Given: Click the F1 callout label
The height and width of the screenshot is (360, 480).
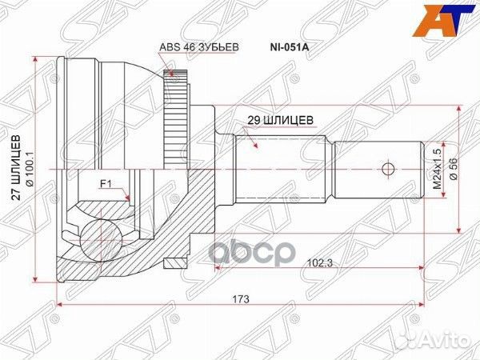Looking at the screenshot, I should click(104, 185).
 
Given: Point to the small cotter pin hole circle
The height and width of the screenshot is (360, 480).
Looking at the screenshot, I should click(388, 170).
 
